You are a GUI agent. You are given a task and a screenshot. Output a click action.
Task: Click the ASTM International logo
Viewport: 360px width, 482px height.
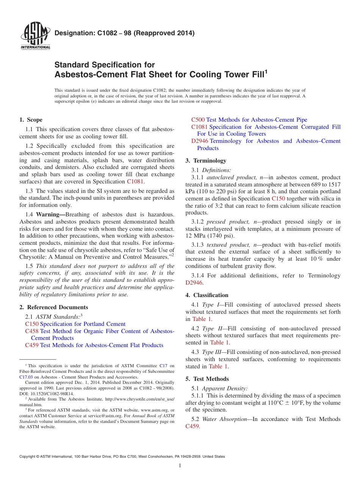pos(35,36)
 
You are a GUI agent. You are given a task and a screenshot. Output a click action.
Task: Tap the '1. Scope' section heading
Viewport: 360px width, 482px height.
pos(31,120)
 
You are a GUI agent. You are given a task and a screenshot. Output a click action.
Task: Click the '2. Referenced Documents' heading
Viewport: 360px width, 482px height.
pos(54,307)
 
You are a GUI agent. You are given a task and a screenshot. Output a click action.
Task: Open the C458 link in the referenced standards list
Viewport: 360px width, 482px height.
pos(31,331)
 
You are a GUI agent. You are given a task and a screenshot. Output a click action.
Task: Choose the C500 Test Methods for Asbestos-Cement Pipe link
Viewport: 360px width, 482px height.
pos(249,120)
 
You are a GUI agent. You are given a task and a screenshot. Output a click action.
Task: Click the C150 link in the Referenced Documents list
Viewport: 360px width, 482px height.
pos(31,324)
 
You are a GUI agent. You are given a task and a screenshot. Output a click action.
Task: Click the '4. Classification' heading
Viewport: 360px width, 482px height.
pos(207,295)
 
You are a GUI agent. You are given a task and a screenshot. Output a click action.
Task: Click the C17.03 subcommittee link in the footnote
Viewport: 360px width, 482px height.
pos(26,377)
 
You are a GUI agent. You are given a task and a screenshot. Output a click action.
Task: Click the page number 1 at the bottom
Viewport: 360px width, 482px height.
pos(180,466)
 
